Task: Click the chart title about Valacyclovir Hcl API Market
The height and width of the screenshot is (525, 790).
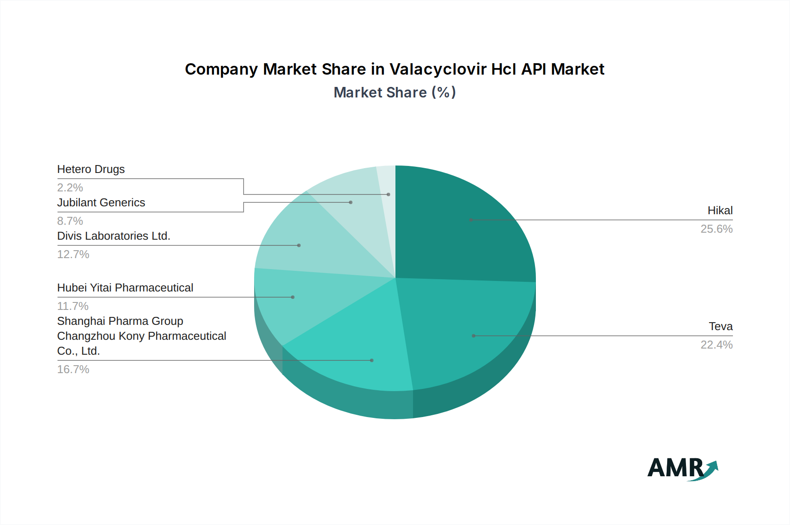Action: coord(395,69)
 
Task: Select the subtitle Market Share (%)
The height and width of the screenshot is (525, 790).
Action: coord(395,93)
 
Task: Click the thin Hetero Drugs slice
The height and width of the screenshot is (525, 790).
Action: coord(388,193)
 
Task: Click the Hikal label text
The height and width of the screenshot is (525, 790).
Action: coord(720,211)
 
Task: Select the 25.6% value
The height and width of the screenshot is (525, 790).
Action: coord(716,229)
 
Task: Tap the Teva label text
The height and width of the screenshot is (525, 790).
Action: coord(721,327)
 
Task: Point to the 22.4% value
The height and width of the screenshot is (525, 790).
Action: coord(716,345)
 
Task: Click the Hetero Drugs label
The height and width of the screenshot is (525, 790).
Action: coord(91,169)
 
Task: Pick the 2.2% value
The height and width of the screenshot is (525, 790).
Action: coord(70,188)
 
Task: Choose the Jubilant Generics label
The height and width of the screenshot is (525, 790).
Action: coord(101,203)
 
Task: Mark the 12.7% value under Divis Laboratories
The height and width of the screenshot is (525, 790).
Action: coord(73,255)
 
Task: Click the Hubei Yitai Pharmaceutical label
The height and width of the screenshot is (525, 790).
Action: coord(125,288)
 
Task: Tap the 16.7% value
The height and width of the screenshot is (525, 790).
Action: coord(73,370)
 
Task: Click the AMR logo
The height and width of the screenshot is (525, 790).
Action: coord(682,468)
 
